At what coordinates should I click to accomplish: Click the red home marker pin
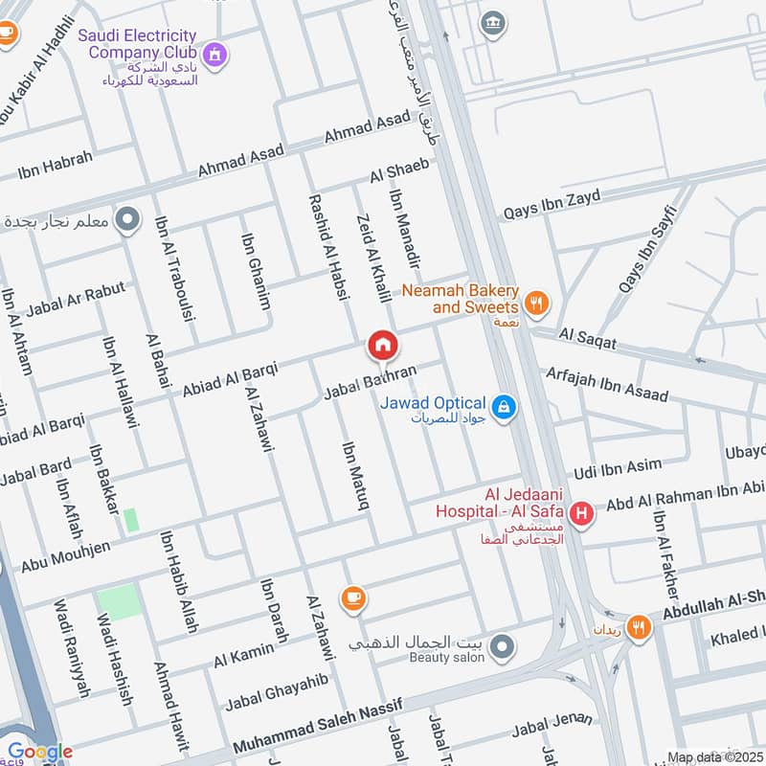pos(382,346)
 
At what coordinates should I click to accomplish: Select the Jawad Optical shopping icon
pos(507,409)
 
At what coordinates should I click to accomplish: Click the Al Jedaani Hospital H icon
pos(579,516)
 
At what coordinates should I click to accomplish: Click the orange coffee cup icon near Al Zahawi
pos(352,597)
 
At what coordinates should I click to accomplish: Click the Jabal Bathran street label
pos(372,381)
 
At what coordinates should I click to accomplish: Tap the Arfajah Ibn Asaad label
pos(606,382)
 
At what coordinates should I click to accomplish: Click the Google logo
pos(38,752)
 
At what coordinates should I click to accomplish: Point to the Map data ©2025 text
pos(712,757)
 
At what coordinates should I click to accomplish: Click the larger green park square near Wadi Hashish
pos(119,601)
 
